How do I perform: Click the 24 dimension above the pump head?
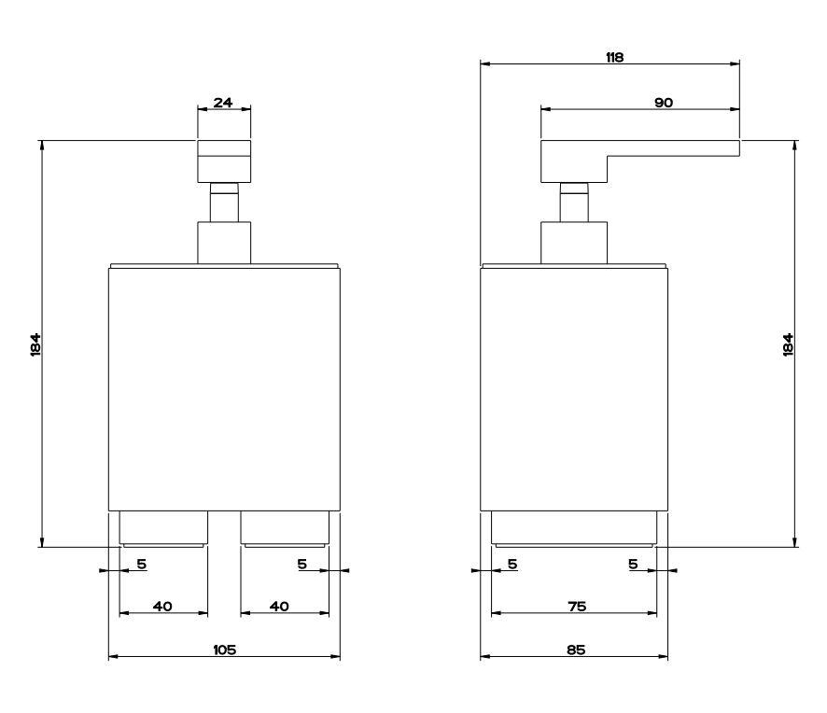(x=223, y=103)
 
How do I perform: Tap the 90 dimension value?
(x=664, y=103)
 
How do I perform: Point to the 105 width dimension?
(x=224, y=650)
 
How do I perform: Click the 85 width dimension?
(x=575, y=650)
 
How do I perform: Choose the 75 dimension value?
(x=576, y=607)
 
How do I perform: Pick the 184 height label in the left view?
(x=35, y=344)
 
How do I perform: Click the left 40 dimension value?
(x=162, y=607)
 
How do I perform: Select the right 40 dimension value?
(x=279, y=607)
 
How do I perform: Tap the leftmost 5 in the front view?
(x=142, y=564)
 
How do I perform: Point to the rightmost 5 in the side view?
(x=633, y=564)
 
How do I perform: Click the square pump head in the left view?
(x=224, y=160)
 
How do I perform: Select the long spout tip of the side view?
(x=719, y=147)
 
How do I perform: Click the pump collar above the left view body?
(x=224, y=242)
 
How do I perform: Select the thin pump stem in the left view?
(x=224, y=203)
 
